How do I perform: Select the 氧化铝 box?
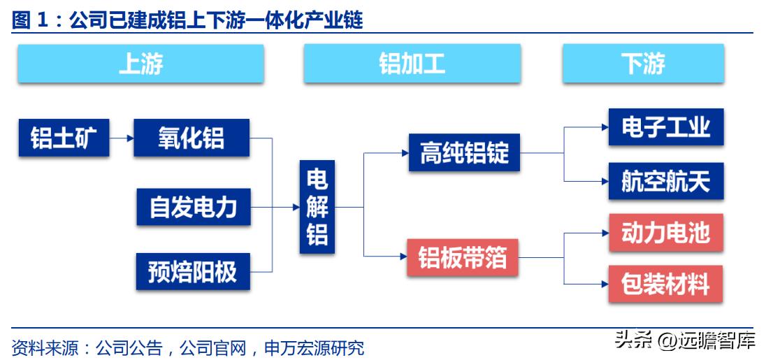[191, 137]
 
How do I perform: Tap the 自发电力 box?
[193, 207]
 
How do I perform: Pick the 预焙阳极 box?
[193, 271]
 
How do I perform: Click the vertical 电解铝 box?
[317, 207]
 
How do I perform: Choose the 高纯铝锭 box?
[464, 152]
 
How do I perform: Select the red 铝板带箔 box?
[462, 258]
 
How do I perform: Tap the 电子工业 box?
[665, 127]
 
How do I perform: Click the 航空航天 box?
[665, 181]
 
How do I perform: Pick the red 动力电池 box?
[665, 232]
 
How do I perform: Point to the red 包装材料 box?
[665, 284]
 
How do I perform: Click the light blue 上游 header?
[140, 64]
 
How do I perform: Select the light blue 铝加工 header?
[412, 64]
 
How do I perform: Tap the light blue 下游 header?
[643, 64]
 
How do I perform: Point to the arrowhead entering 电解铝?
[295, 207]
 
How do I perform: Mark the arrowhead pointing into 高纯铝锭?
[404, 152]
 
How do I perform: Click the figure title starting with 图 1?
[187, 20]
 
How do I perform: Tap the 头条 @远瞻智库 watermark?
[684, 341]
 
